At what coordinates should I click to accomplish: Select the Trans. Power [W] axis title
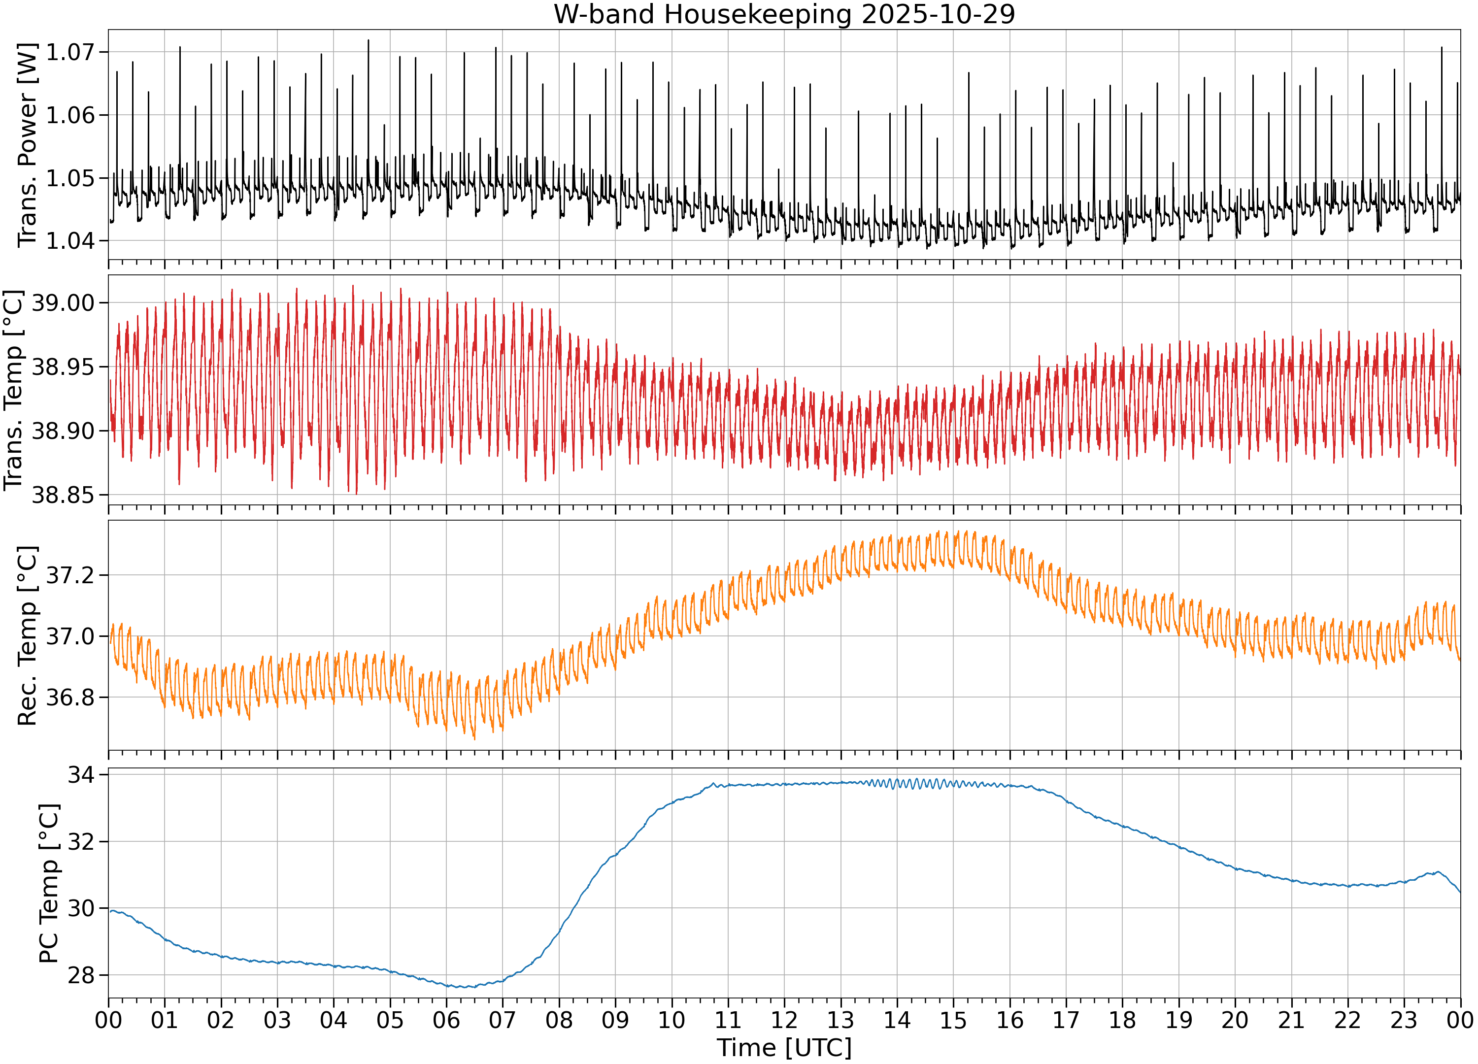point(28,145)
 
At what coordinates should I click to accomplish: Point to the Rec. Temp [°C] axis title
point(28,636)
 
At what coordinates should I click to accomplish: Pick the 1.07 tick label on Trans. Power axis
point(70,52)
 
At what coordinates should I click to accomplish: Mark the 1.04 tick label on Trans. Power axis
point(70,241)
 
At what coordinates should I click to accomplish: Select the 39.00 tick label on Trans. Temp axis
point(63,303)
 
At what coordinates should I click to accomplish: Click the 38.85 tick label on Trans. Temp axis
point(63,495)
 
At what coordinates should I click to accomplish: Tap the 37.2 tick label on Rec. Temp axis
point(70,575)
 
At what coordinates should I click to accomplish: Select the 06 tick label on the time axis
point(446,1020)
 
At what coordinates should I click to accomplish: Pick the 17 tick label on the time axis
point(1066,1020)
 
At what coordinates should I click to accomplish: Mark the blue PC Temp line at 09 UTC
point(615,855)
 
